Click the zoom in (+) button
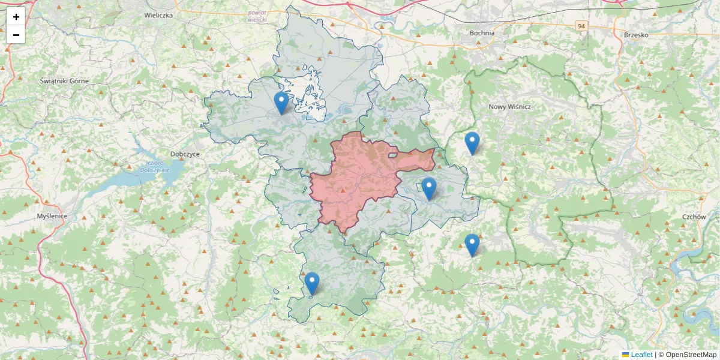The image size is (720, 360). [x=16, y=17]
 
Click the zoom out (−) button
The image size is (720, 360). [x=16, y=35]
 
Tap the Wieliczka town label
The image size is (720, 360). [x=159, y=14]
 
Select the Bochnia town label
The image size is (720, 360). [x=482, y=33]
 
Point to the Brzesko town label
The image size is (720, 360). [x=636, y=35]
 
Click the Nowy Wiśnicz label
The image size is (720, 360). [x=509, y=106]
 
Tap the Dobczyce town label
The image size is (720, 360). [x=185, y=154]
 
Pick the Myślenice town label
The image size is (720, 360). [x=52, y=215]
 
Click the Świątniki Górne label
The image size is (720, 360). [x=64, y=80]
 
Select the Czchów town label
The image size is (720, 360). [x=694, y=217]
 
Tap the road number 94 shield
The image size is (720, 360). [x=581, y=26]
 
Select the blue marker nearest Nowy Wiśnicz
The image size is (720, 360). [x=472, y=143]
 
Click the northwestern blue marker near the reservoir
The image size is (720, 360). [x=281, y=103]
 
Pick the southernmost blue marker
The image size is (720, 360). [x=311, y=283]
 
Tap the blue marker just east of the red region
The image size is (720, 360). [x=428, y=188]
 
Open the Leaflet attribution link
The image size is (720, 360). [x=641, y=355]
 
